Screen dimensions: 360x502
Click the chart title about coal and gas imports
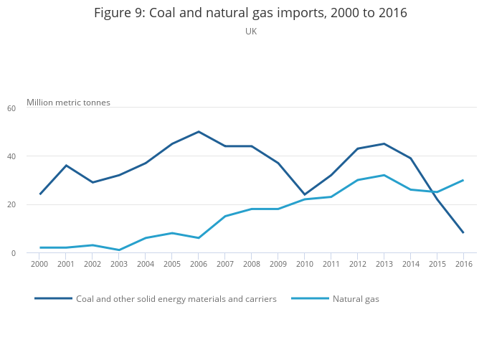point(251,14)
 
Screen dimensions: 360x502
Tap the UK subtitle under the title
point(251,32)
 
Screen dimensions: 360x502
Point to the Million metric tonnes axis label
point(69,103)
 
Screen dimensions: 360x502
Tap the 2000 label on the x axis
point(40,265)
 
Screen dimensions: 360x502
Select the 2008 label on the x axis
point(252,265)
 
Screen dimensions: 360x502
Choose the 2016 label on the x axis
point(463,265)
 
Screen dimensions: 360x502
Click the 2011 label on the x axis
point(331,265)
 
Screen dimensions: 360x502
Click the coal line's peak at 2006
point(199,132)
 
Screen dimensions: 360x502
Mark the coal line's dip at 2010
point(304,194)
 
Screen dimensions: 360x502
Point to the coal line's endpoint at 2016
point(463,232)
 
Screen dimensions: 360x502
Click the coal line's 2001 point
point(67,166)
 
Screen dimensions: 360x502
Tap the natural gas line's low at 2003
point(119,250)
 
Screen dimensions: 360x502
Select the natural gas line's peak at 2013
point(384,175)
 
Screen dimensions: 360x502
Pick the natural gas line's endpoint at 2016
point(463,180)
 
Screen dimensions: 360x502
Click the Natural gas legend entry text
point(356,299)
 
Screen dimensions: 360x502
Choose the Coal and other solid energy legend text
point(176,299)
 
